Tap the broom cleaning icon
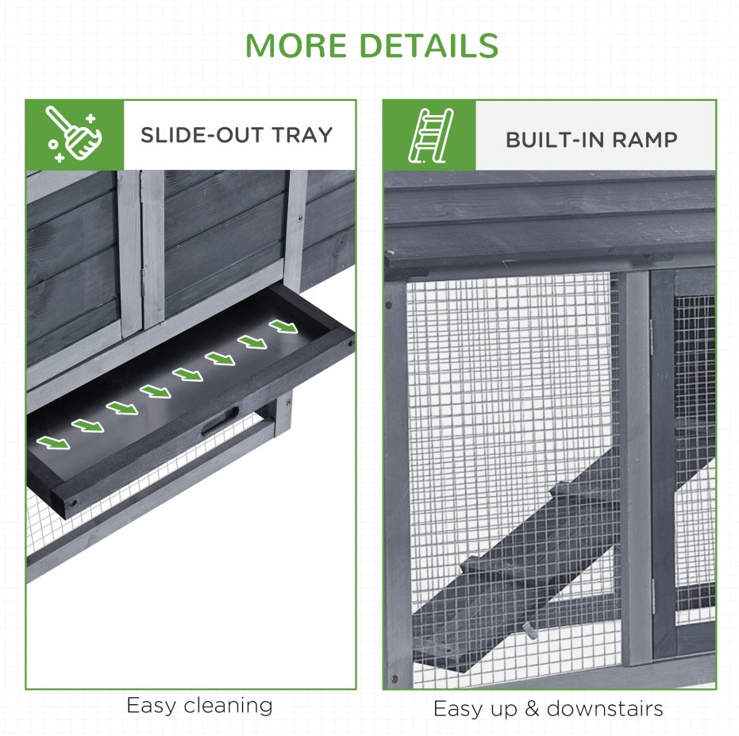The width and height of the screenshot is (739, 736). point(74,134)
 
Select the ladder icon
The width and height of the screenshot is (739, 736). point(430,135)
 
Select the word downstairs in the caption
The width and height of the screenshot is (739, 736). point(605,708)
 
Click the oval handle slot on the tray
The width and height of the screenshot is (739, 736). point(219,421)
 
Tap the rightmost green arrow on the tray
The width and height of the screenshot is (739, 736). point(283,327)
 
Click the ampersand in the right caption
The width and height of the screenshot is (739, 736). point(533,708)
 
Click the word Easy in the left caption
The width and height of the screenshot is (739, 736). point(152,705)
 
